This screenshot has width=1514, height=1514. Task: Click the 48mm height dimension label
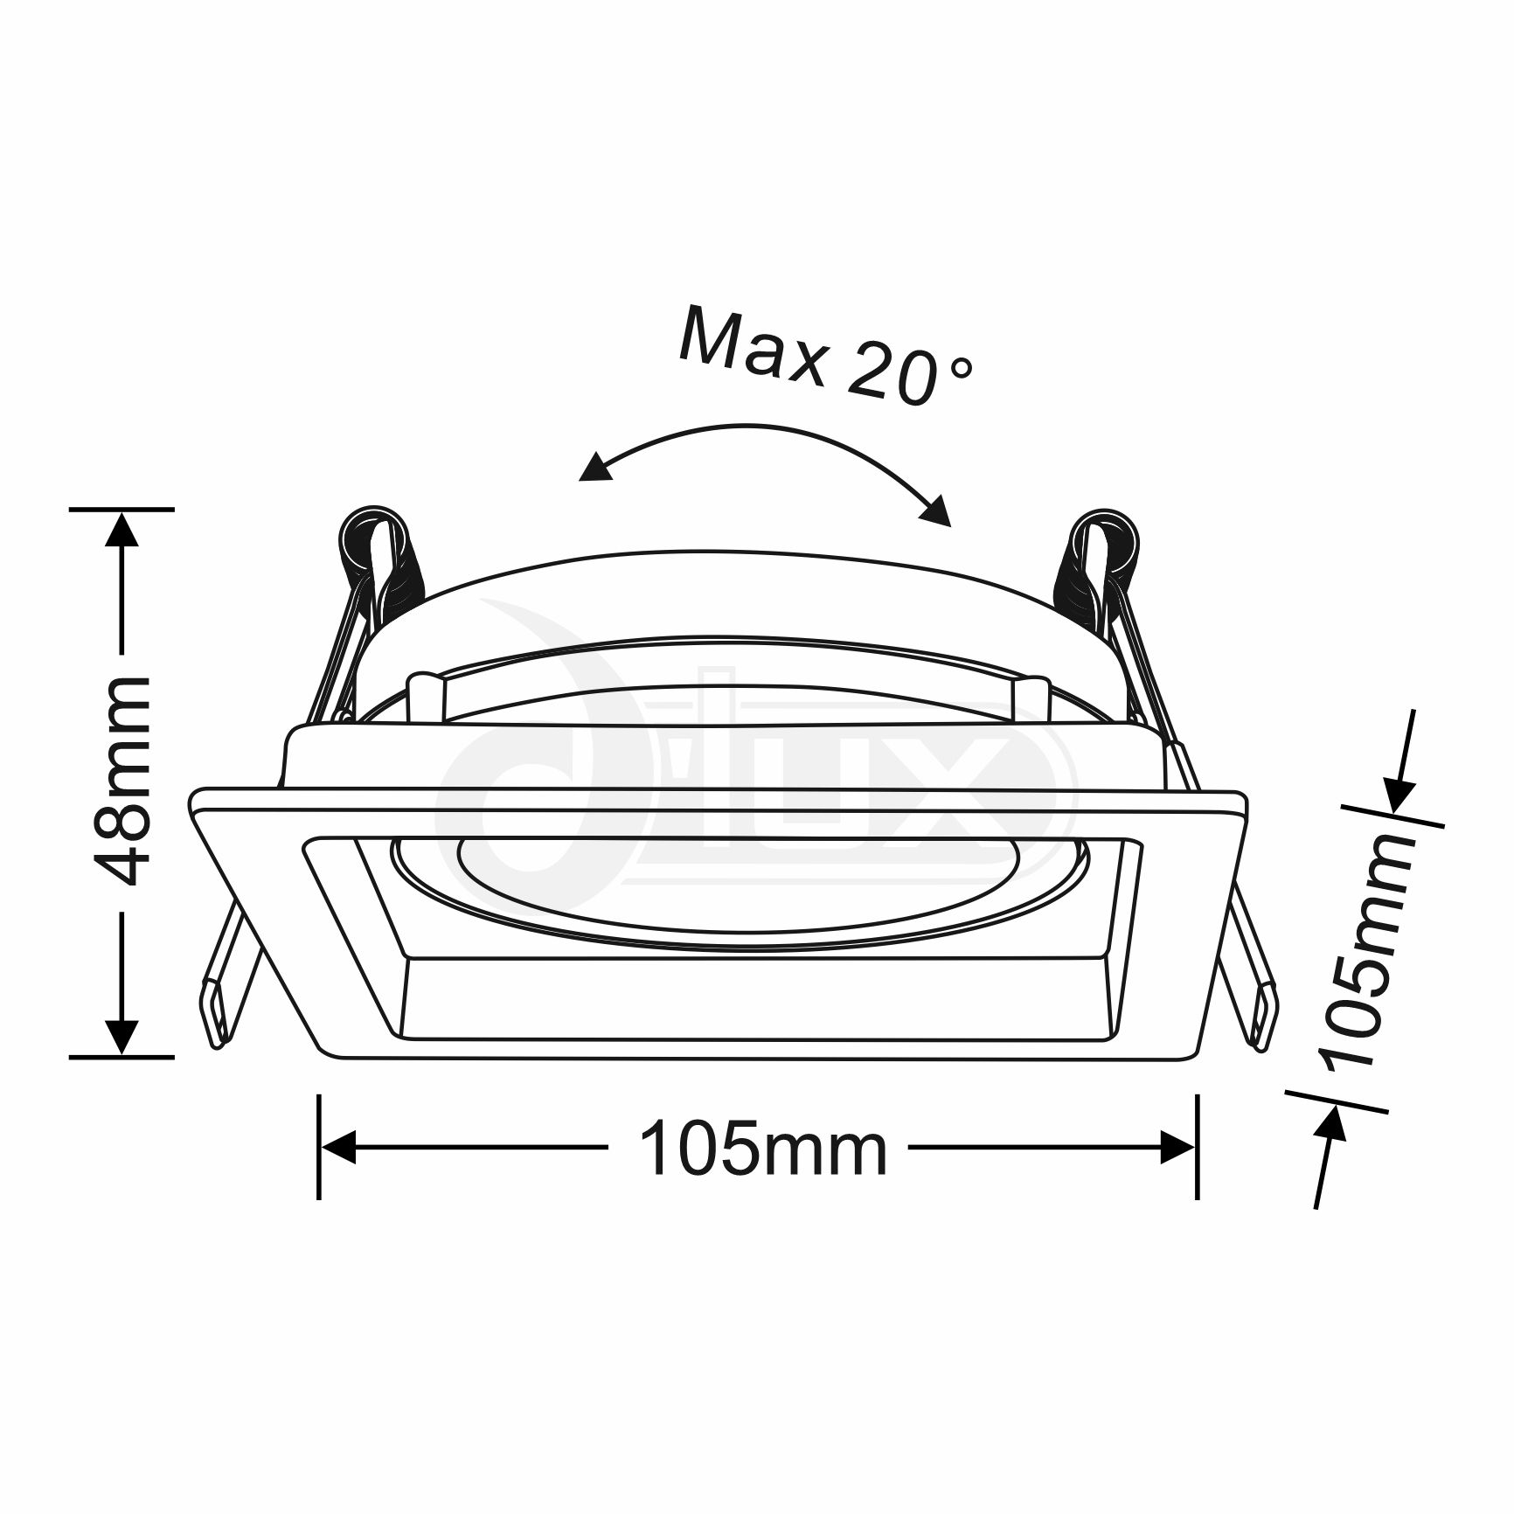coord(123,781)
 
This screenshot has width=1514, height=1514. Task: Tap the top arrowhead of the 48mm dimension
coord(122,529)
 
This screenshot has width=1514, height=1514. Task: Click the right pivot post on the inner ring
coord(1030,698)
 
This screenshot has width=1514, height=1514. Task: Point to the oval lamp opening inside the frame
coord(740,892)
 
